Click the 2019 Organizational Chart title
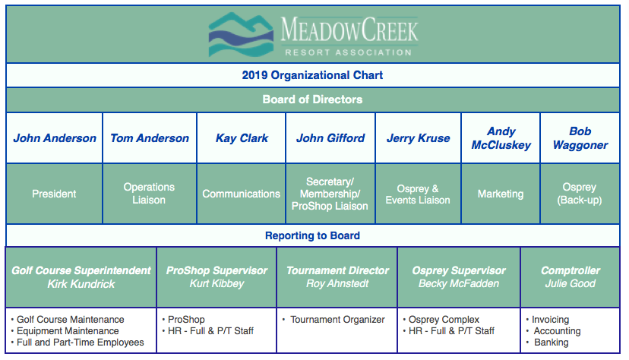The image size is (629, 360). click(312, 75)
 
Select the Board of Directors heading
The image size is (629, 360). click(312, 99)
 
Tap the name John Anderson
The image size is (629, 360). click(55, 138)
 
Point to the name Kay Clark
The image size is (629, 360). click(242, 138)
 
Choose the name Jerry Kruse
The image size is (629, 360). click(418, 138)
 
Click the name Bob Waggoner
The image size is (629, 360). click(580, 138)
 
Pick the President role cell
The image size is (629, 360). click(54, 194)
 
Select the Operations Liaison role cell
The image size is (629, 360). click(149, 194)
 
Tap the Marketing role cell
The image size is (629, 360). click(500, 194)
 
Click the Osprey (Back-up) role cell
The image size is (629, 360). click(580, 194)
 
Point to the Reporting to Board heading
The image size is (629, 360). click(312, 235)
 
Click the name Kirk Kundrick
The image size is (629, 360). click(81, 284)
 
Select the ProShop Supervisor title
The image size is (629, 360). click(217, 270)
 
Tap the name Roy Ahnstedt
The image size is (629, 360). click(337, 284)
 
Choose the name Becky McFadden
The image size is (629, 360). click(459, 284)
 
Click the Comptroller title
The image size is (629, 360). click(571, 270)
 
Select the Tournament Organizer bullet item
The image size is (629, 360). click(337, 320)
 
